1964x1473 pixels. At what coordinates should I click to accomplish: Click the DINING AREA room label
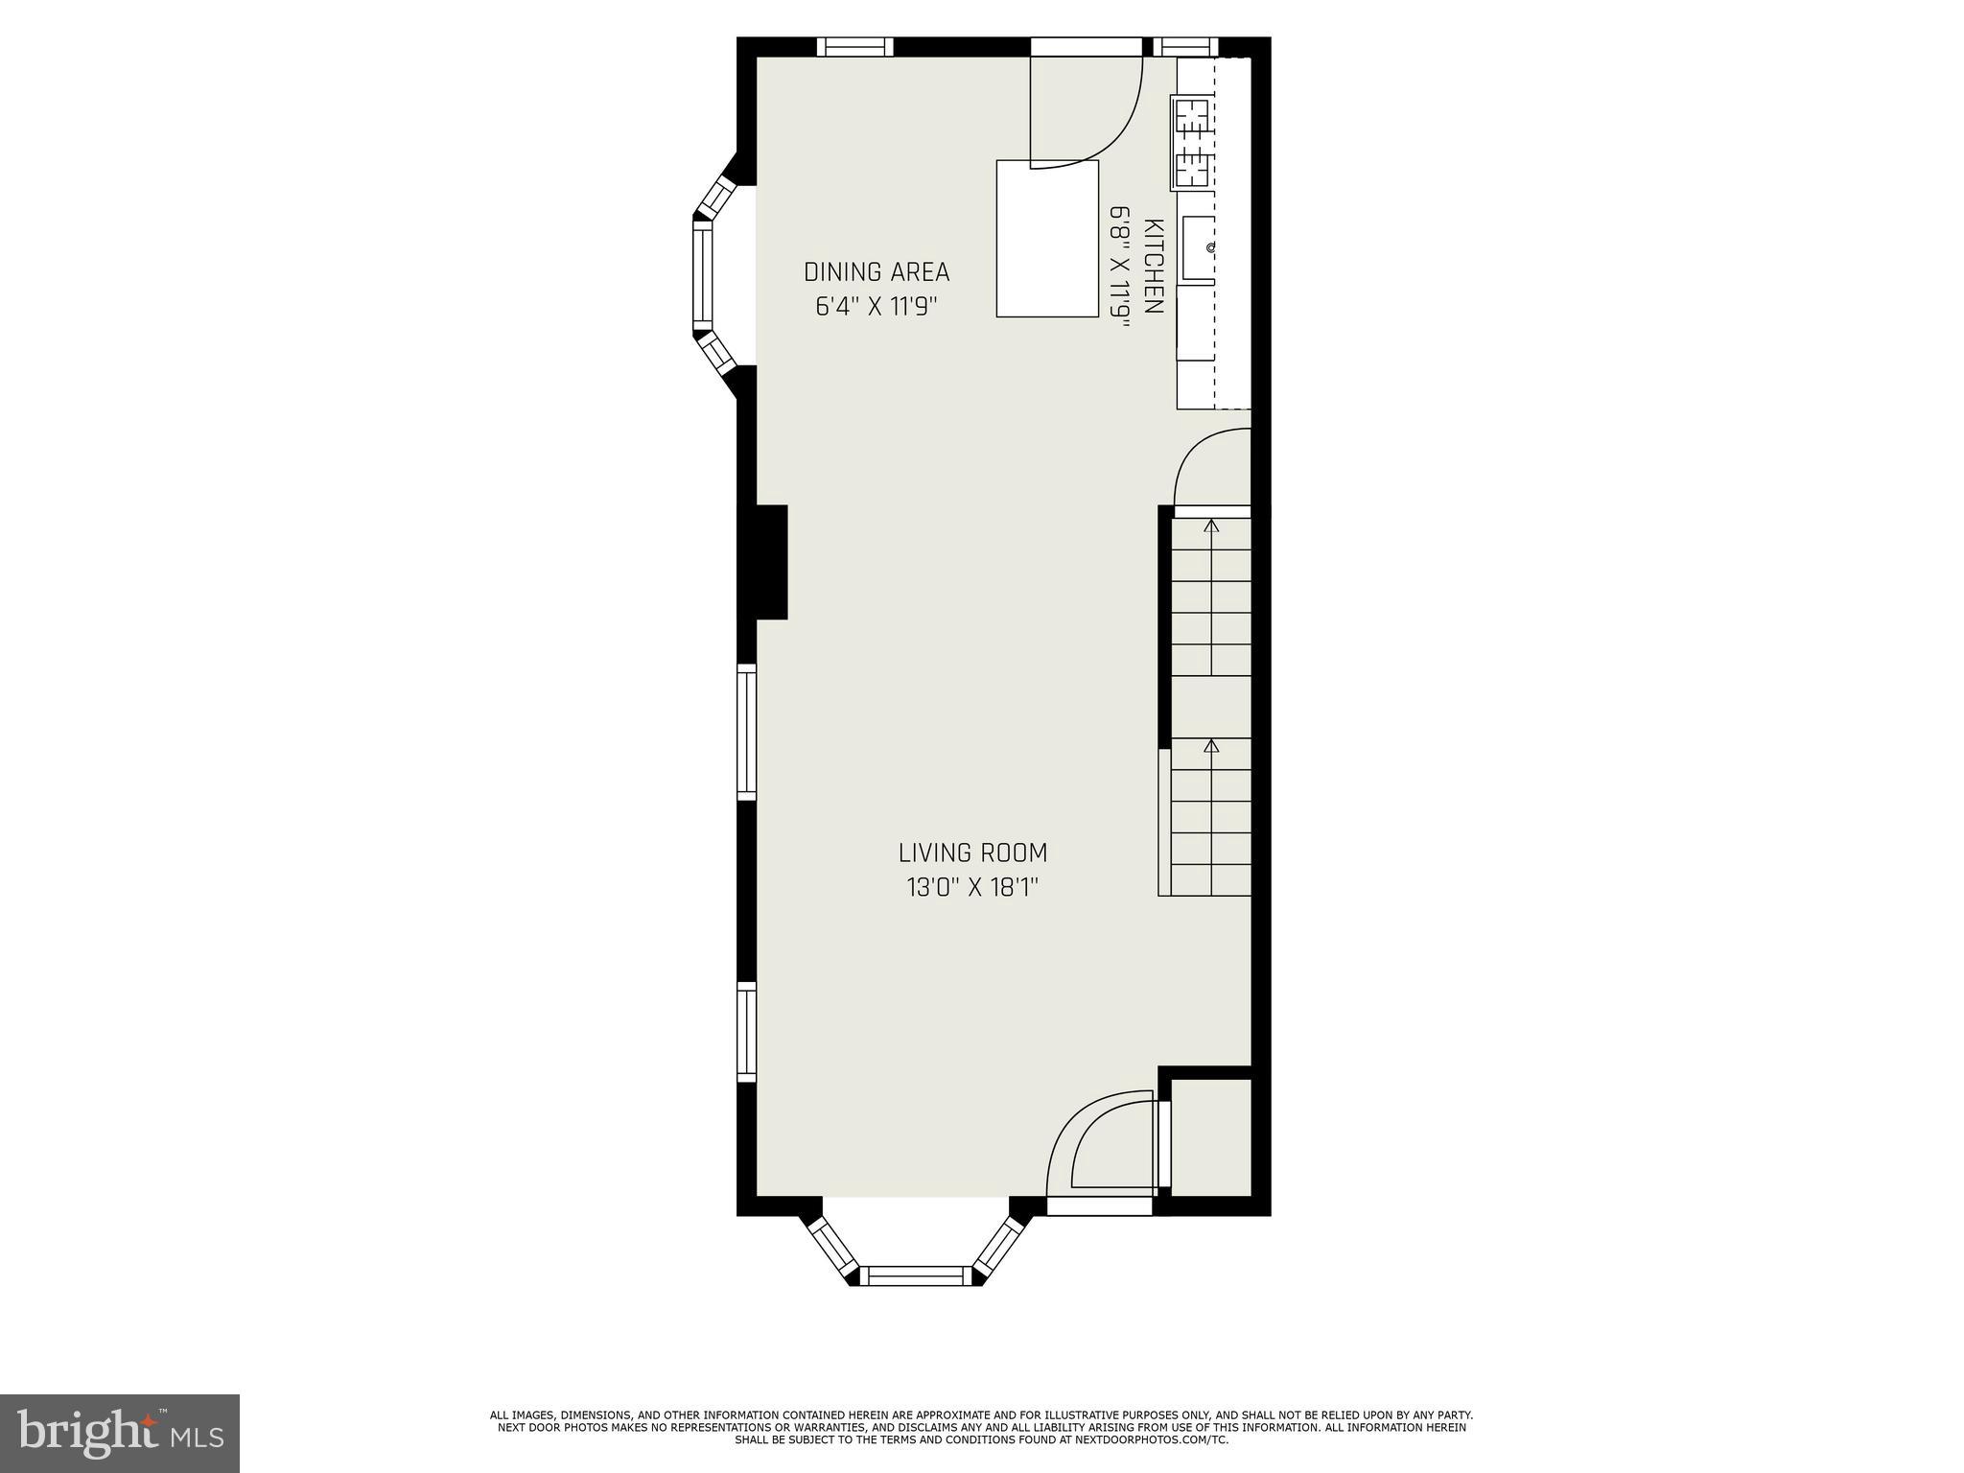(x=877, y=272)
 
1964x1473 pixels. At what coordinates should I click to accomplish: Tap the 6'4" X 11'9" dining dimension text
(x=876, y=308)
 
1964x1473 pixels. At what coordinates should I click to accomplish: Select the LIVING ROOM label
(x=972, y=853)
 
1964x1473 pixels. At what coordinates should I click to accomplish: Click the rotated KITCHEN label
(x=1155, y=267)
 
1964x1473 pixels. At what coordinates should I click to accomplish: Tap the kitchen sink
(x=1198, y=248)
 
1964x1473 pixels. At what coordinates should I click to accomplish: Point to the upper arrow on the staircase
(x=1211, y=526)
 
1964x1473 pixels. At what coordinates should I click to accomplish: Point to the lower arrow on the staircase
(x=1211, y=745)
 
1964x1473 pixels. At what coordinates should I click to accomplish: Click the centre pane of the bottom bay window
(x=915, y=1274)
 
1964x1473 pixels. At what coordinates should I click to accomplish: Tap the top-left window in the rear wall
(x=854, y=47)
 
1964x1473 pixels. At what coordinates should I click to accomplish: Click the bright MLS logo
(x=120, y=1433)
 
